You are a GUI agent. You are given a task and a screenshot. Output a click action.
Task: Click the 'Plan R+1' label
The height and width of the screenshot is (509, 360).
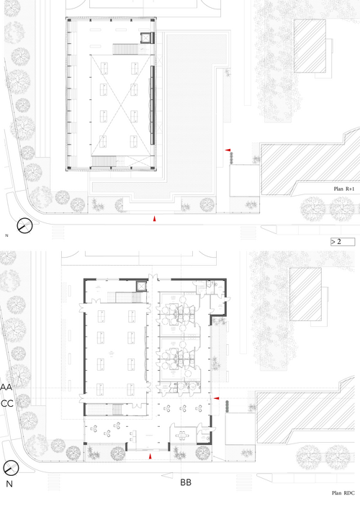[343, 189]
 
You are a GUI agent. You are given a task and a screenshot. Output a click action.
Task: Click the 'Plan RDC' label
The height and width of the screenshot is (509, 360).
[343, 492]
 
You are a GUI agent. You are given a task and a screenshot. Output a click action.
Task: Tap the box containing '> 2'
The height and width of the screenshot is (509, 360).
[343, 242]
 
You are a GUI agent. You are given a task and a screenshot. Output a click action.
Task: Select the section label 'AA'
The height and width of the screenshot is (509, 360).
[6, 387]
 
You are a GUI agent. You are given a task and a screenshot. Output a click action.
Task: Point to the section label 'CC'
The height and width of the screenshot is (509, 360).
[7, 403]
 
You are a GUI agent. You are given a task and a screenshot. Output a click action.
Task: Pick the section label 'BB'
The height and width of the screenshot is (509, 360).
[186, 482]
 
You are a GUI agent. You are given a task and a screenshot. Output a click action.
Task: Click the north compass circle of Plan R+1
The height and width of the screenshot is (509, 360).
[24, 225]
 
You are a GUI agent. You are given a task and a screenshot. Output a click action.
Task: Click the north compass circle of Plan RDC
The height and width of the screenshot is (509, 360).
[11, 468]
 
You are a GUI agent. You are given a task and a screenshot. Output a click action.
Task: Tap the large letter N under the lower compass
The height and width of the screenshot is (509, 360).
[9, 484]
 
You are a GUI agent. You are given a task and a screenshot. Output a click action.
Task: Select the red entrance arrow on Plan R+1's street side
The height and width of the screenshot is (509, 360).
[155, 219]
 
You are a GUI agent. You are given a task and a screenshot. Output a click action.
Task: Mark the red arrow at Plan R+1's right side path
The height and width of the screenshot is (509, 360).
[228, 150]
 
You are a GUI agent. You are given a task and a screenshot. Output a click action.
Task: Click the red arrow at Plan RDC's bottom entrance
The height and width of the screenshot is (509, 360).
[150, 456]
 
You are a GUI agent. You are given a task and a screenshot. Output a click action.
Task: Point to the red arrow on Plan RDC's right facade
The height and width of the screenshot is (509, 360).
[216, 398]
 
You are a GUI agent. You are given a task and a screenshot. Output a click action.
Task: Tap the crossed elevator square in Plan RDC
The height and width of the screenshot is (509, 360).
[142, 287]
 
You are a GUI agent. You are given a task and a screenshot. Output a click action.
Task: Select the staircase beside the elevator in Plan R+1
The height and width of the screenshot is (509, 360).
[125, 50]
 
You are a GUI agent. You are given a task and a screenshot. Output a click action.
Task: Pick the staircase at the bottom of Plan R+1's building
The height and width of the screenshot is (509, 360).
[104, 161]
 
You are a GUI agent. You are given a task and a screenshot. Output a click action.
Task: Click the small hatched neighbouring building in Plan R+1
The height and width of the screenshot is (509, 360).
[310, 46]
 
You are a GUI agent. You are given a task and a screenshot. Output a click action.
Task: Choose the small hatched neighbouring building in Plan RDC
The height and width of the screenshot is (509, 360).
[305, 294]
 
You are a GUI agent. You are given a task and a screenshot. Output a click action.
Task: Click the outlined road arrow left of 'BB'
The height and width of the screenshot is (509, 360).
[167, 476]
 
